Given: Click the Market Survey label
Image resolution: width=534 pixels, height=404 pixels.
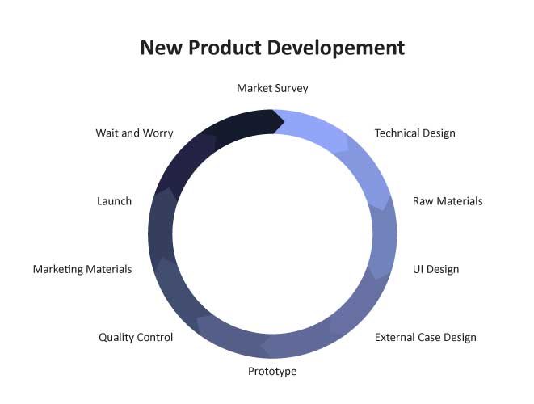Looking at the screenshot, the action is pos(272,89).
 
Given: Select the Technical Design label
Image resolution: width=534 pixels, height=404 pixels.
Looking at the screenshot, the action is pos(414,133).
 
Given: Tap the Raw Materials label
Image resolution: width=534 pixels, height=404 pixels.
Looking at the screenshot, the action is pos(448,201).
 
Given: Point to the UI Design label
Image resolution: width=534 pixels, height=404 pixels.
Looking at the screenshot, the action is pos(436,269).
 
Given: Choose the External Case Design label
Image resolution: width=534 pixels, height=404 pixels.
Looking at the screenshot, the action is pos(426,337).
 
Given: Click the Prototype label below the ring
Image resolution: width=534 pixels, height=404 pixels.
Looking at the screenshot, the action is pos(272,372).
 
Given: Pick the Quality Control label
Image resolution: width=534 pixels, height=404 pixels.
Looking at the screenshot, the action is pos(136,337).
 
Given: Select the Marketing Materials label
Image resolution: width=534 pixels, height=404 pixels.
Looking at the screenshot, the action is pos(82,269).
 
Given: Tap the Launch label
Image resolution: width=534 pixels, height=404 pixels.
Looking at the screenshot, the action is pos(114,201).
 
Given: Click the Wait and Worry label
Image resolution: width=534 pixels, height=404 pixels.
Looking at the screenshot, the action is pos(135,133).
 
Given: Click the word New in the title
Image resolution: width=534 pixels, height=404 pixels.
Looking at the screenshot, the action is pos(161,48).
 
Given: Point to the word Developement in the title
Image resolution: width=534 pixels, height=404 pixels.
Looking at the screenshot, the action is pos(336,48).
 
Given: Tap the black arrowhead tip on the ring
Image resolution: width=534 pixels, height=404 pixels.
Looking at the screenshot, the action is pos(284,121).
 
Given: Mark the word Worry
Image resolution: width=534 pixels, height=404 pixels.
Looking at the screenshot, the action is pos(158,133).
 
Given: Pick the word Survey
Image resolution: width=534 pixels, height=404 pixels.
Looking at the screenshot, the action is pos(292,89).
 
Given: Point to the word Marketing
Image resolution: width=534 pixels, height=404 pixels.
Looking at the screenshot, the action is pos(58,269).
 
